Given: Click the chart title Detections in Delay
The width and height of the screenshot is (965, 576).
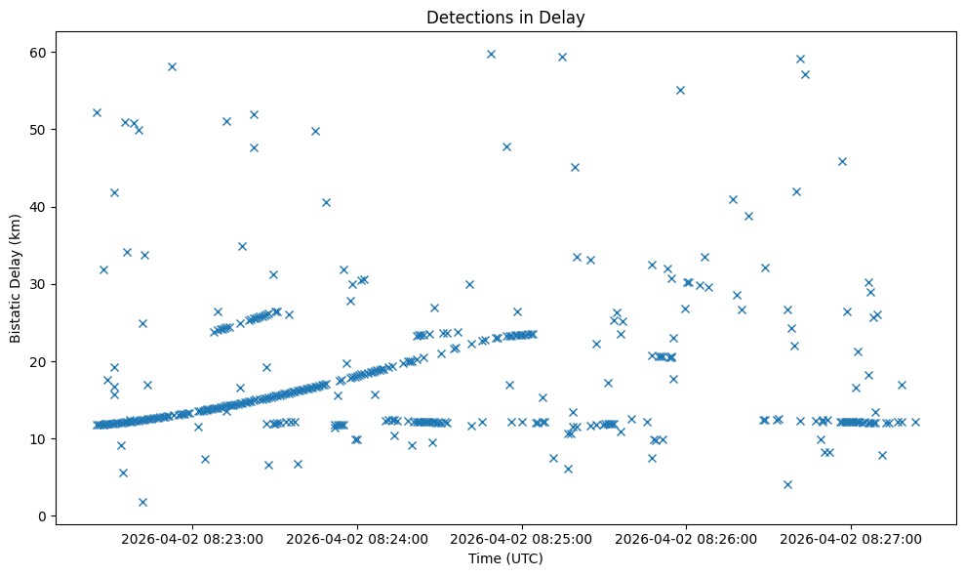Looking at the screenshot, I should tap(505, 17).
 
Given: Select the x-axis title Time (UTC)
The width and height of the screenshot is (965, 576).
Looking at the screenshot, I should tap(505, 558).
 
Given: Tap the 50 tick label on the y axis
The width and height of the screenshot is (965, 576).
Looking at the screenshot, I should tap(42, 129).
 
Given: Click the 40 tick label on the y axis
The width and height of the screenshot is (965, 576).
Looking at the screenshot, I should tap(42, 207).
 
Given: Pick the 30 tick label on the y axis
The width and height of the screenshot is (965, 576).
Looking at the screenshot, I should tap(42, 284).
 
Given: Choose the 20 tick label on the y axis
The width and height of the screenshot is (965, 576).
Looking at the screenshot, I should tap(42, 361).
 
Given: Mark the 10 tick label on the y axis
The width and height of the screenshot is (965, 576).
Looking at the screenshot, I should tap(42, 438).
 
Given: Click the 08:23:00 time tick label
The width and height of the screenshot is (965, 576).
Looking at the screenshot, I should tap(192, 539).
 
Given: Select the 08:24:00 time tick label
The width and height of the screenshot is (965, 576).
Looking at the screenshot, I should tap(357, 539).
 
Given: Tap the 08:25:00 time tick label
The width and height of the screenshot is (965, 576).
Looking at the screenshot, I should tap(521, 539).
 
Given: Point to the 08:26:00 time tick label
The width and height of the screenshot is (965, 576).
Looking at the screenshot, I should tap(686, 539).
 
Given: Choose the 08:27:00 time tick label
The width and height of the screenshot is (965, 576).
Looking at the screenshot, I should tap(850, 539).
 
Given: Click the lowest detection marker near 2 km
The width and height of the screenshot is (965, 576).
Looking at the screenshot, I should tap(142, 502).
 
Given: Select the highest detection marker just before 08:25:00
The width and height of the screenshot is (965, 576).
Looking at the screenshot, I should tap(491, 54).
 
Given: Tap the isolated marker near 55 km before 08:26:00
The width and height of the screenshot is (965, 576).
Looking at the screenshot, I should tap(680, 90).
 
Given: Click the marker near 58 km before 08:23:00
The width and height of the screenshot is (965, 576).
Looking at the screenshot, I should tap(172, 66).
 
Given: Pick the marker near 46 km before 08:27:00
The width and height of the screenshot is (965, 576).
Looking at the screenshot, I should tap(842, 161).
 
